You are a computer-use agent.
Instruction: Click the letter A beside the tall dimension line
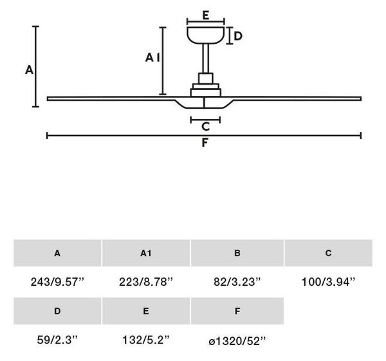point(29,69)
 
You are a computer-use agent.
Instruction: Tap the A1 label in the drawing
point(152,57)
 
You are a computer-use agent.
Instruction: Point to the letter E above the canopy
point(206,15)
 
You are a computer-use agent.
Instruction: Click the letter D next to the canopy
point(238,36)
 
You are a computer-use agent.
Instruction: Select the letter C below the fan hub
point(205,127)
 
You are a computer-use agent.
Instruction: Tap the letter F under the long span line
point(205,143)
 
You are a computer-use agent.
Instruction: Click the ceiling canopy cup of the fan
point(206,35)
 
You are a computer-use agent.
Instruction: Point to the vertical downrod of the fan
point(206,59)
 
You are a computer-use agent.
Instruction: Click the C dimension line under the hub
point(205,120)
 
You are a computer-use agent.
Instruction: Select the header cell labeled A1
point(146,253)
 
